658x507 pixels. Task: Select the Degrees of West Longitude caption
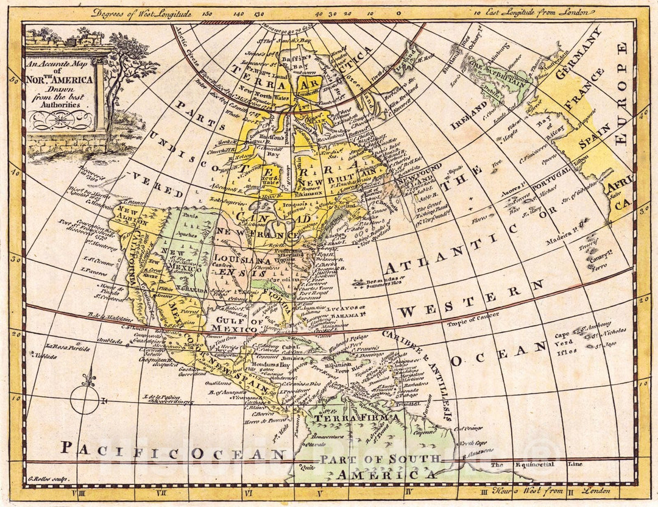tap(142, 12)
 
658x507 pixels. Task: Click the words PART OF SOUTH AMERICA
tap(372, 466)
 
